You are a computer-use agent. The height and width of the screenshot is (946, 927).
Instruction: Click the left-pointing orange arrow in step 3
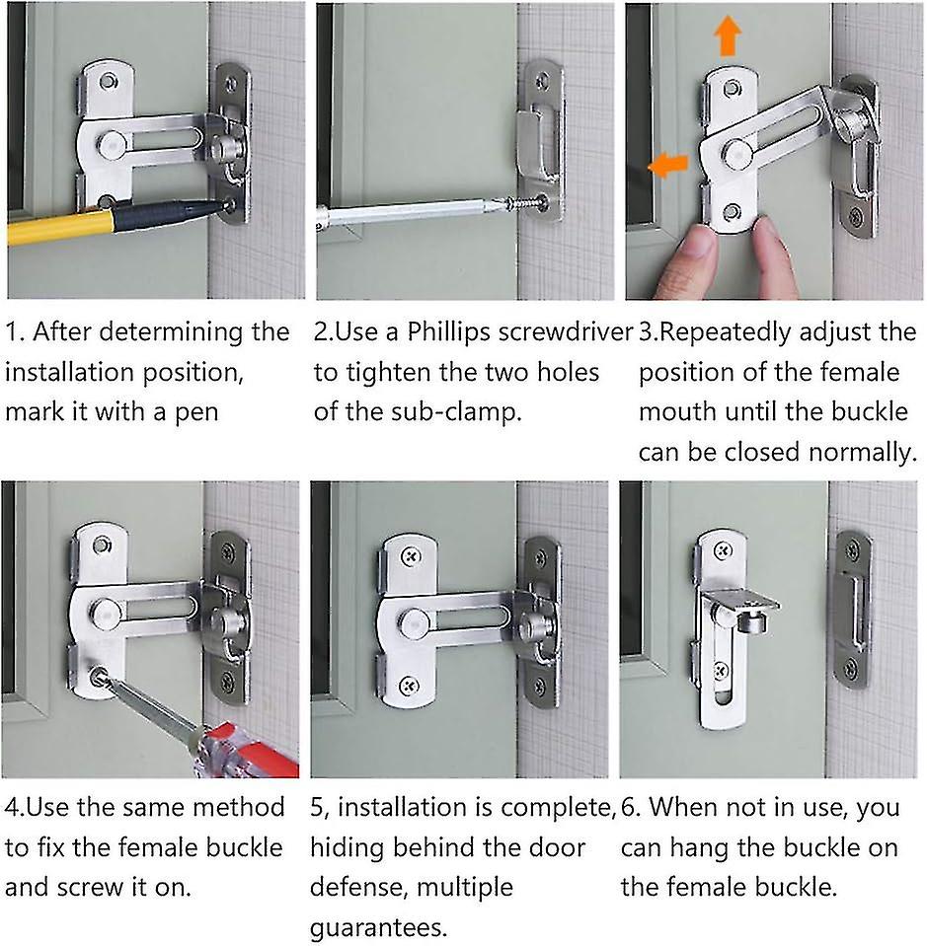coord(668,165)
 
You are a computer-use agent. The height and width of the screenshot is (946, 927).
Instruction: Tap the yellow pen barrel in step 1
coord(59,227)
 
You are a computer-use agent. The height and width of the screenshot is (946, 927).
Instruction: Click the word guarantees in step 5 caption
coord(376,928)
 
